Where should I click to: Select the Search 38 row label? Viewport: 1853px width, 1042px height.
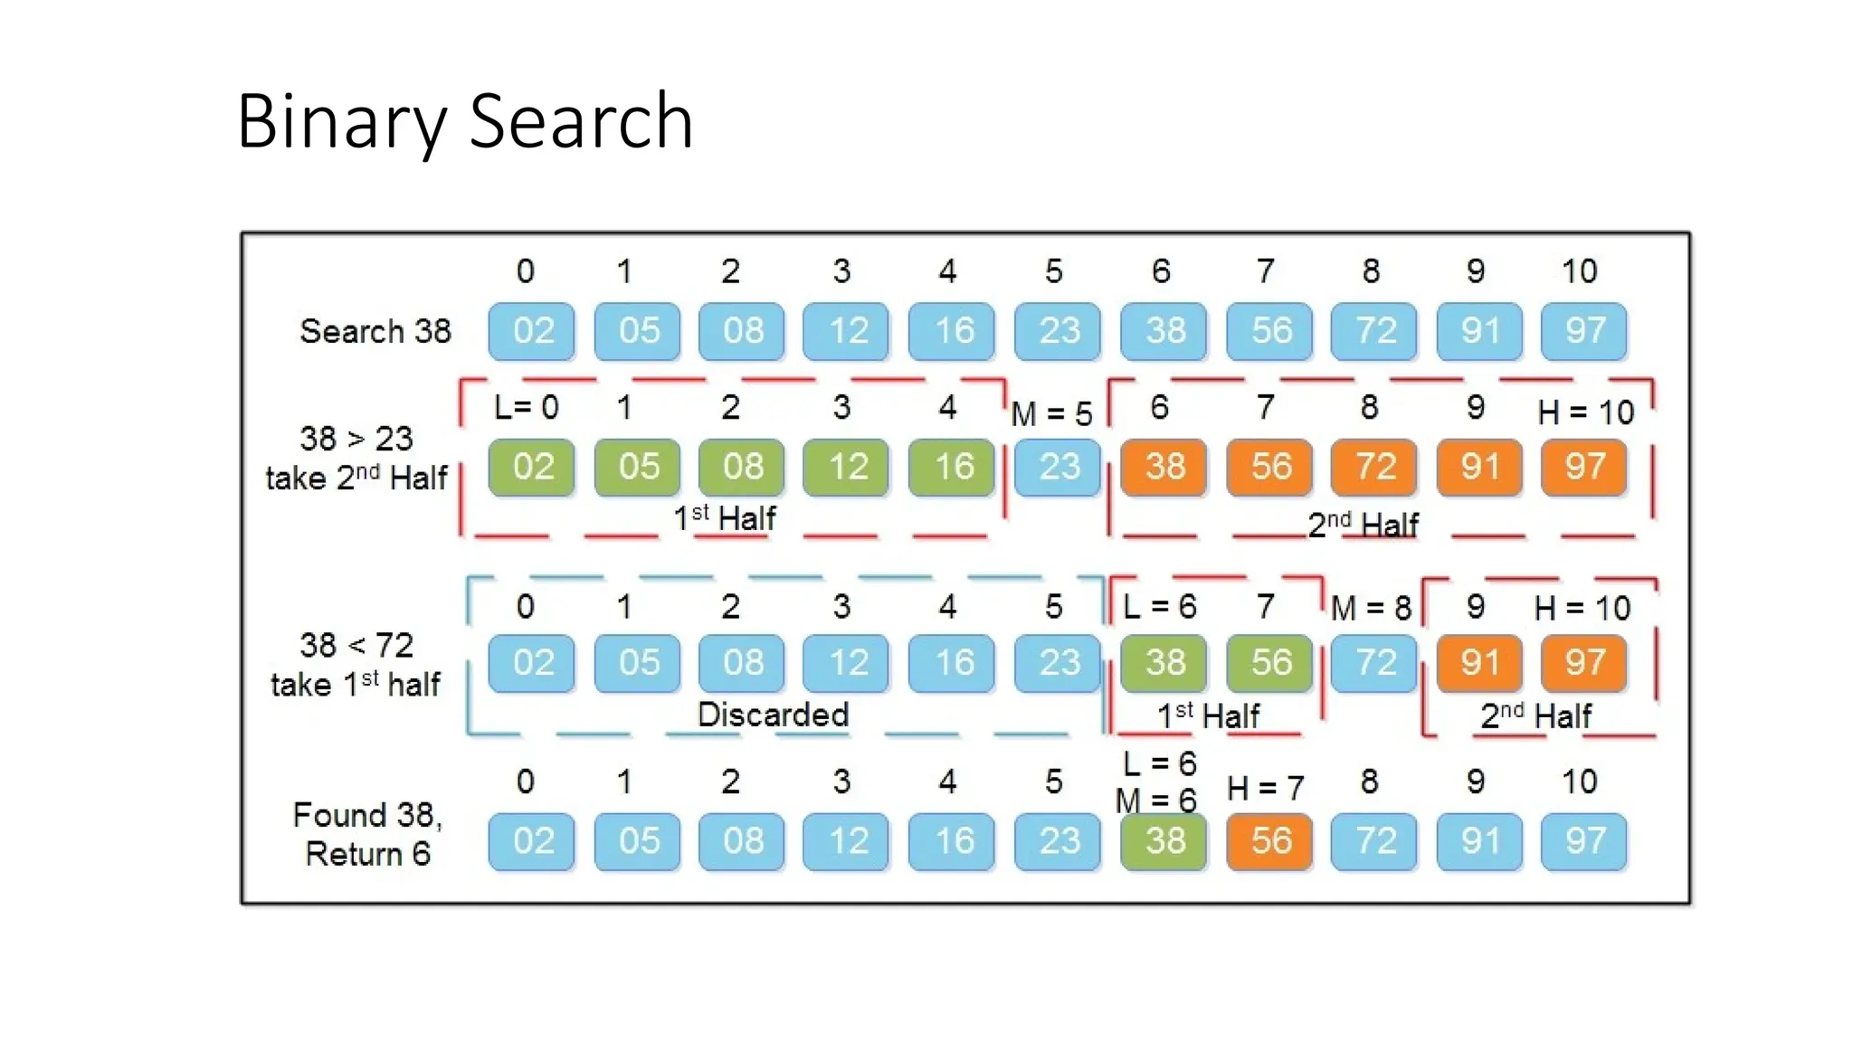(375, 331)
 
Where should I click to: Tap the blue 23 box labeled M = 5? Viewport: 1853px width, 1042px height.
(1057, 467)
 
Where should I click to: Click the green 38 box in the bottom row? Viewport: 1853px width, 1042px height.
(1164, 841)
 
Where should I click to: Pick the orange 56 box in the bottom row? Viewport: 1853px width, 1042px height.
(1269, 841)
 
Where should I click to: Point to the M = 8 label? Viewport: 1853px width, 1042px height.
(1371, 608)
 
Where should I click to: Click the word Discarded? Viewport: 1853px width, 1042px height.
(773, 715)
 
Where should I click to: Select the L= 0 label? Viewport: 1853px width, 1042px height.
(527, 407)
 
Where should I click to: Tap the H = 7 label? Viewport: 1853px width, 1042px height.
(1266, 789)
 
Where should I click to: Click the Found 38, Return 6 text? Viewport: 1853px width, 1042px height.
(367, 834)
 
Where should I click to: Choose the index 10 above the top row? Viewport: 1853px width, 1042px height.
(1579, 271)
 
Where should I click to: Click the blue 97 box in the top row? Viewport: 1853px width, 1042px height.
(1583, 331)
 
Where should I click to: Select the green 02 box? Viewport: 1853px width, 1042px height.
(532, 467)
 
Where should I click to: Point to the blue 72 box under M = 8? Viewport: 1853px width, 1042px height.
(1373, 663)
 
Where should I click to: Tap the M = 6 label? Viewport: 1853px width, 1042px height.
(1155, 800)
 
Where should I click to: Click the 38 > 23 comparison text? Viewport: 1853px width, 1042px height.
(356, 439)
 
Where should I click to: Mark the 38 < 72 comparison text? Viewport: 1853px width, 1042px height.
(356, 645)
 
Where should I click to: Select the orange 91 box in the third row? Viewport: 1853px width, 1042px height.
(1479, 663)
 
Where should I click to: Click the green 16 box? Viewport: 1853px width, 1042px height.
(952, 467)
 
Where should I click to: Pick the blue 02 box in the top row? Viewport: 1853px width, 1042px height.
(532, 331)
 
